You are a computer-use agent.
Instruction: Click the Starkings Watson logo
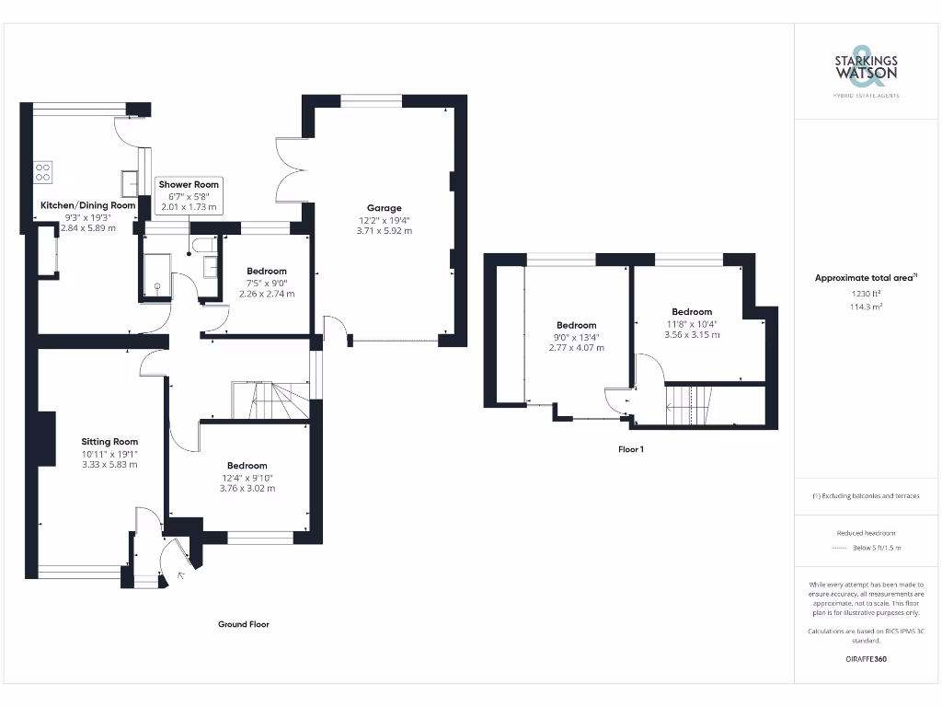(867, 70)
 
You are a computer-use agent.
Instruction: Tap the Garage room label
(385, 208)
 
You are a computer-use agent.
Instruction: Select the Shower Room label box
(188, 196)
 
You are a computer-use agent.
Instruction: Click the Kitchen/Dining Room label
(87, 205)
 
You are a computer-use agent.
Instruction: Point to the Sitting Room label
(109, 442)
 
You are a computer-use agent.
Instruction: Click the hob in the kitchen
(43, 171)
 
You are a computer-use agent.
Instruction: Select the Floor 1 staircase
(688, 404)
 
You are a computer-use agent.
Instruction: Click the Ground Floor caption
(243, 624)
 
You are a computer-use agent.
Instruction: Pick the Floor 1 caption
(630, 450)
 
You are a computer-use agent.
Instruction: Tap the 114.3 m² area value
(866, 307)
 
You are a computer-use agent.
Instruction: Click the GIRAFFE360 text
(866, 659)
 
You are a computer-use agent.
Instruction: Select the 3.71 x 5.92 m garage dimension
(385, 231)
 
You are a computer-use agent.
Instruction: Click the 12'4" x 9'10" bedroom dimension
(247, 477)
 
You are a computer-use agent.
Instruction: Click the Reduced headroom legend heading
(866, 533)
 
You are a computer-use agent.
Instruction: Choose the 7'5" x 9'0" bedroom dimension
(266, 283)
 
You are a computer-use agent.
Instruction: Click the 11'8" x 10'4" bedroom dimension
(691, 323)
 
